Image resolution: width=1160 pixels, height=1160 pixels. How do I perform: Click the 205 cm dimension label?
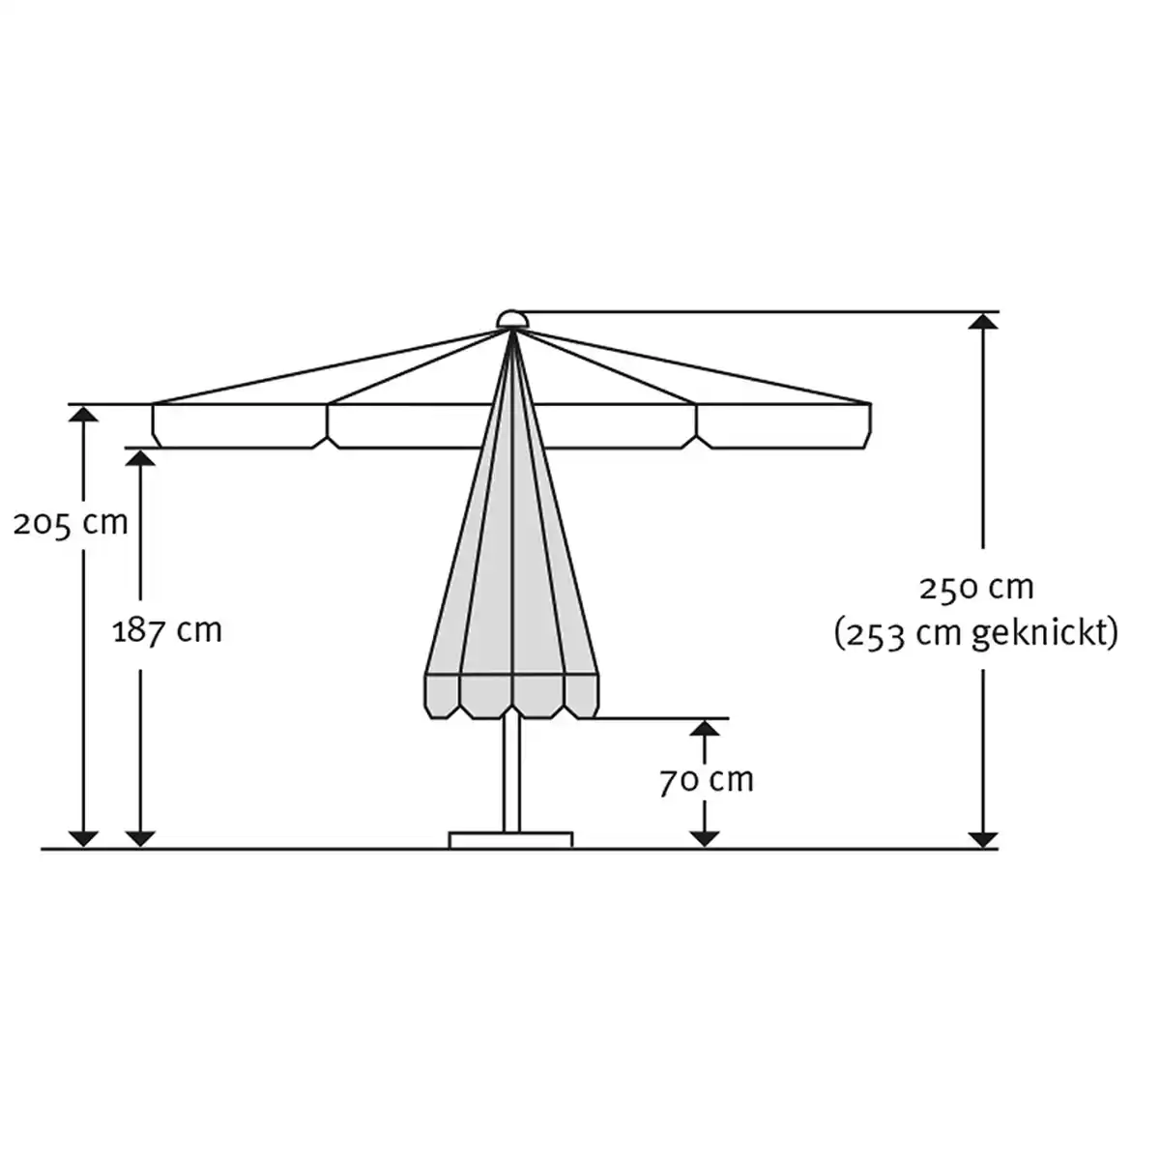click(71, 523)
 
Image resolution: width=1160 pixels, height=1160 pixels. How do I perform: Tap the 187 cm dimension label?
click(167, 631)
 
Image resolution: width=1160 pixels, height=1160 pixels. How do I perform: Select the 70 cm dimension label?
click(706, 780)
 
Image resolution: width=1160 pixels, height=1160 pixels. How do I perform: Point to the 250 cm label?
click(976, 588)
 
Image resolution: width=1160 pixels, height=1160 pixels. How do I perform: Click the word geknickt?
click(1045, 633)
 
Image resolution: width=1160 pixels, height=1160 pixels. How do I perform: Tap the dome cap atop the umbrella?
click(511, 320)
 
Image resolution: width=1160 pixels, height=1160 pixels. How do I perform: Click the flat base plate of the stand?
click(510, 840)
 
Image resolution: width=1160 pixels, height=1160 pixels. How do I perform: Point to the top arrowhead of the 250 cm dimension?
click(983, 321)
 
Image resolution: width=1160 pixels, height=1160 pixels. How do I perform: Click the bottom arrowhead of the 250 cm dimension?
click(983, 840)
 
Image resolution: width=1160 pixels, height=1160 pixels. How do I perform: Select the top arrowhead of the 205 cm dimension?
click(83, 413)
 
